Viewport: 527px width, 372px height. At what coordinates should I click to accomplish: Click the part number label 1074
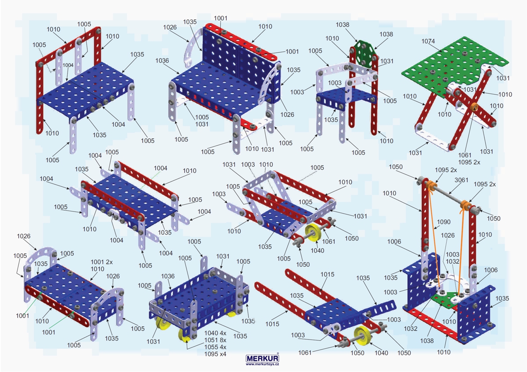coord(428,41)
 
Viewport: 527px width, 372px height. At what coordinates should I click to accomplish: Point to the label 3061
coord(462,180)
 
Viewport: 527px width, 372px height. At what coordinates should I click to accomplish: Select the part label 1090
coord(444,222)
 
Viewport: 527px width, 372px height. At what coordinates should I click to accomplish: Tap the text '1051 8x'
coord(215,340)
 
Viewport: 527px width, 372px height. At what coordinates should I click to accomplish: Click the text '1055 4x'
coord(215,347)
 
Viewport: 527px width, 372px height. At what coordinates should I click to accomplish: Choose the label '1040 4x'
coord(215,333)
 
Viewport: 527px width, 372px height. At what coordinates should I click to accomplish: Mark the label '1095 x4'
coord(215,354)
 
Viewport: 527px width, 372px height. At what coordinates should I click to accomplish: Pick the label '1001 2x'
coord(101,262)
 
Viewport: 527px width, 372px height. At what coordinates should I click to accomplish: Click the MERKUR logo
coord(262,358)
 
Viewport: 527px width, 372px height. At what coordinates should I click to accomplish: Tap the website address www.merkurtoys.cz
coord(262,364)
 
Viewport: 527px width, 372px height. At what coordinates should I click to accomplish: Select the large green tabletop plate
coord(447,64)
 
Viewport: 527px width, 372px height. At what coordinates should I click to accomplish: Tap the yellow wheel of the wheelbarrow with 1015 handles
coord(363,335)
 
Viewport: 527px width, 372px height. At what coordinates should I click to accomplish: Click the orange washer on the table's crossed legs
coord(474,107)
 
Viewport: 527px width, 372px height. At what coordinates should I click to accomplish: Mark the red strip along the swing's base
coord(432,324)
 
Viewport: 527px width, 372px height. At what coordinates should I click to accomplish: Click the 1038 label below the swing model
coord(427,340)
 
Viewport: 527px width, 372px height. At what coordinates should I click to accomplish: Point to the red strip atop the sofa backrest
coord(241,42)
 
